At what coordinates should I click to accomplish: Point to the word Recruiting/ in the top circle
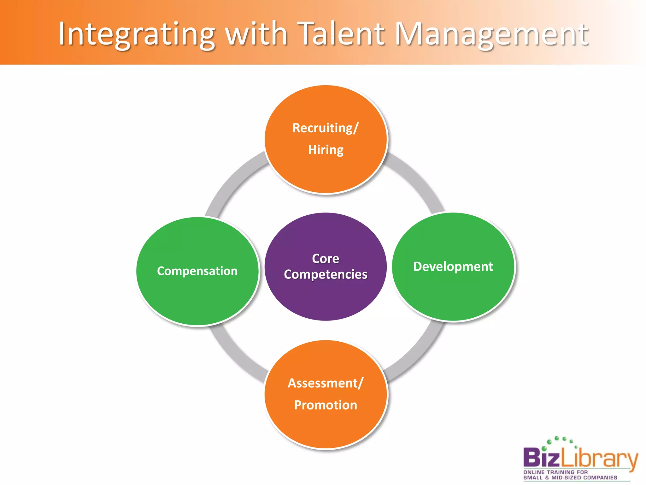325,128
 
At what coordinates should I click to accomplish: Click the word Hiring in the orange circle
326,150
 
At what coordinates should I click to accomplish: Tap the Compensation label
197,271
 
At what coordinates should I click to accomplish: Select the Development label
453,266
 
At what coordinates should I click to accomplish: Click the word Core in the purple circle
326,259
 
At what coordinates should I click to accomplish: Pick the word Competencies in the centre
326,274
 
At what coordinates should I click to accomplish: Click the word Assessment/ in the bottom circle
326,383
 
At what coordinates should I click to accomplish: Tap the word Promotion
326,405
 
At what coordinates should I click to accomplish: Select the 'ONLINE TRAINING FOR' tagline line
555,472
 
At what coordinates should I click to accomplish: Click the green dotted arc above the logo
560,440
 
